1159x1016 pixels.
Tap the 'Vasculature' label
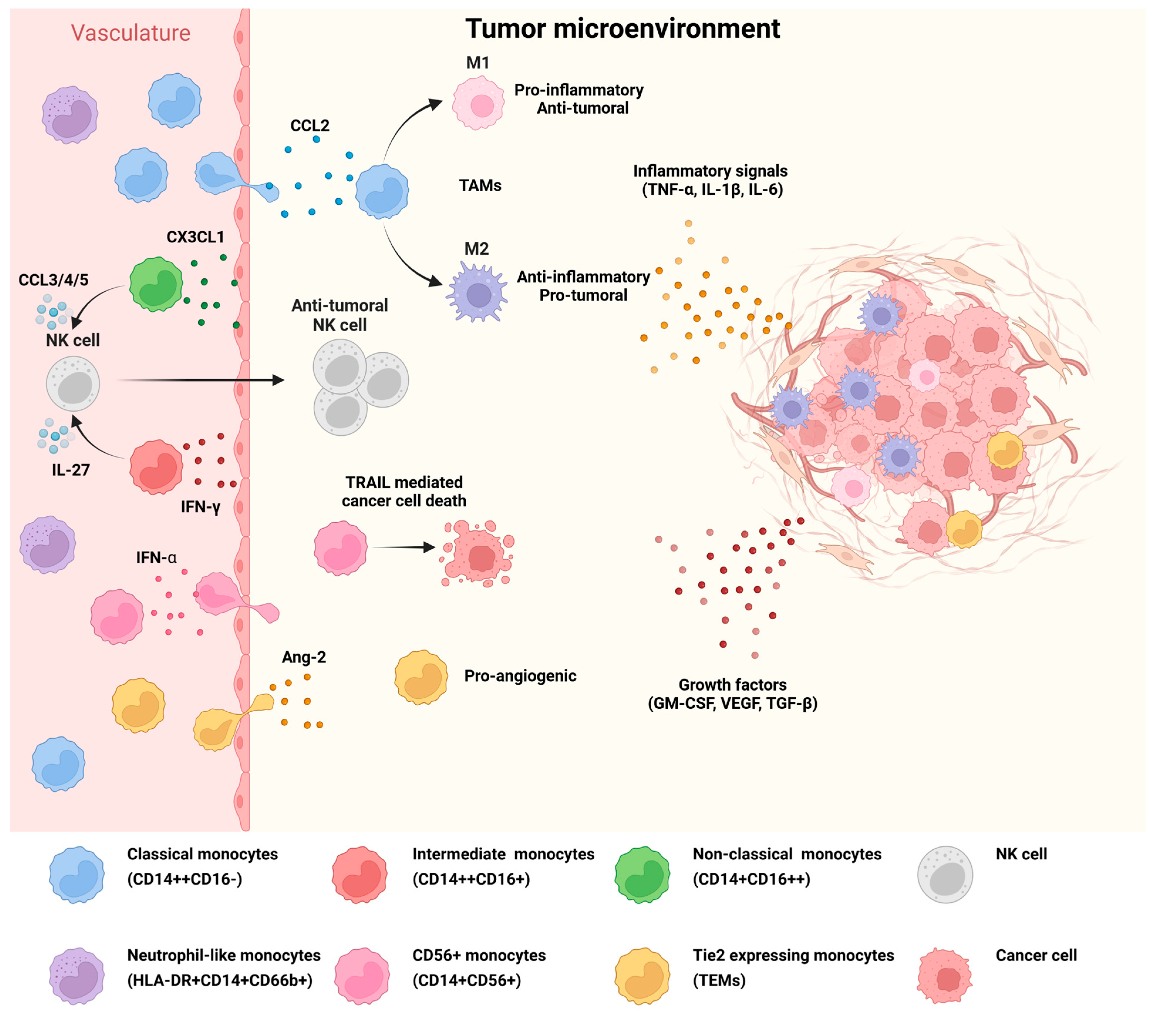130,33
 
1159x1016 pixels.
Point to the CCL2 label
310,125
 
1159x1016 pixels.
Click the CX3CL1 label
195,237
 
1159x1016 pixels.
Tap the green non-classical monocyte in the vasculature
156,285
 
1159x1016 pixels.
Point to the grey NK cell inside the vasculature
73,384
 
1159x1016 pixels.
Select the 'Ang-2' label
304,657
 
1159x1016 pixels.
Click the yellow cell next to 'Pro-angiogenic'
421,677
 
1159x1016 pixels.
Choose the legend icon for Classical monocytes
77,875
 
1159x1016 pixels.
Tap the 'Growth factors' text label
733,685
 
